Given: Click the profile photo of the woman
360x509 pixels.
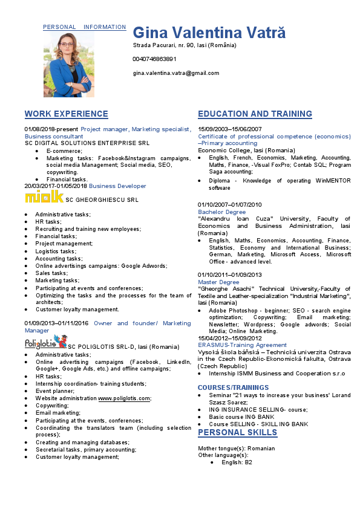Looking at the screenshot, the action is click(68, 64).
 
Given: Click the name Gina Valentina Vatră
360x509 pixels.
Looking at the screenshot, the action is click(209, 33).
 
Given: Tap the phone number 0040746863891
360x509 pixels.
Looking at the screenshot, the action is click(155, 59).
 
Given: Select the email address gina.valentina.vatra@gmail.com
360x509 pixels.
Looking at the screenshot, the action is click(176, 73).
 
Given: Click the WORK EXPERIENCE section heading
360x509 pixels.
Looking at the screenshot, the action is click(67, 114).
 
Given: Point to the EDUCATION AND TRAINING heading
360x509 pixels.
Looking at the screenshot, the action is click(255, 114).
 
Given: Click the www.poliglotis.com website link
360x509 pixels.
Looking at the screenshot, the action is click(125, 398).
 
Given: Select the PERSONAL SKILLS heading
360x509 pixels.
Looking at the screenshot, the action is click(238, 432).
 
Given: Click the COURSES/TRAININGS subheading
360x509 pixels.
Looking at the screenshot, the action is click(234, 387).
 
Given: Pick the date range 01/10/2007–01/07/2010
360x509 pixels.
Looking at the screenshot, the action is click(230, 205).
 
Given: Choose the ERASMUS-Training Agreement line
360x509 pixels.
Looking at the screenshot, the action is click(242, 345).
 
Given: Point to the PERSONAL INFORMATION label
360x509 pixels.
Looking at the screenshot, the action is click(84, 27).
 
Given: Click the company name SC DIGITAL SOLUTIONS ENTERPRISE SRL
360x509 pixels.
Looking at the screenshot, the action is click(87, 143).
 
